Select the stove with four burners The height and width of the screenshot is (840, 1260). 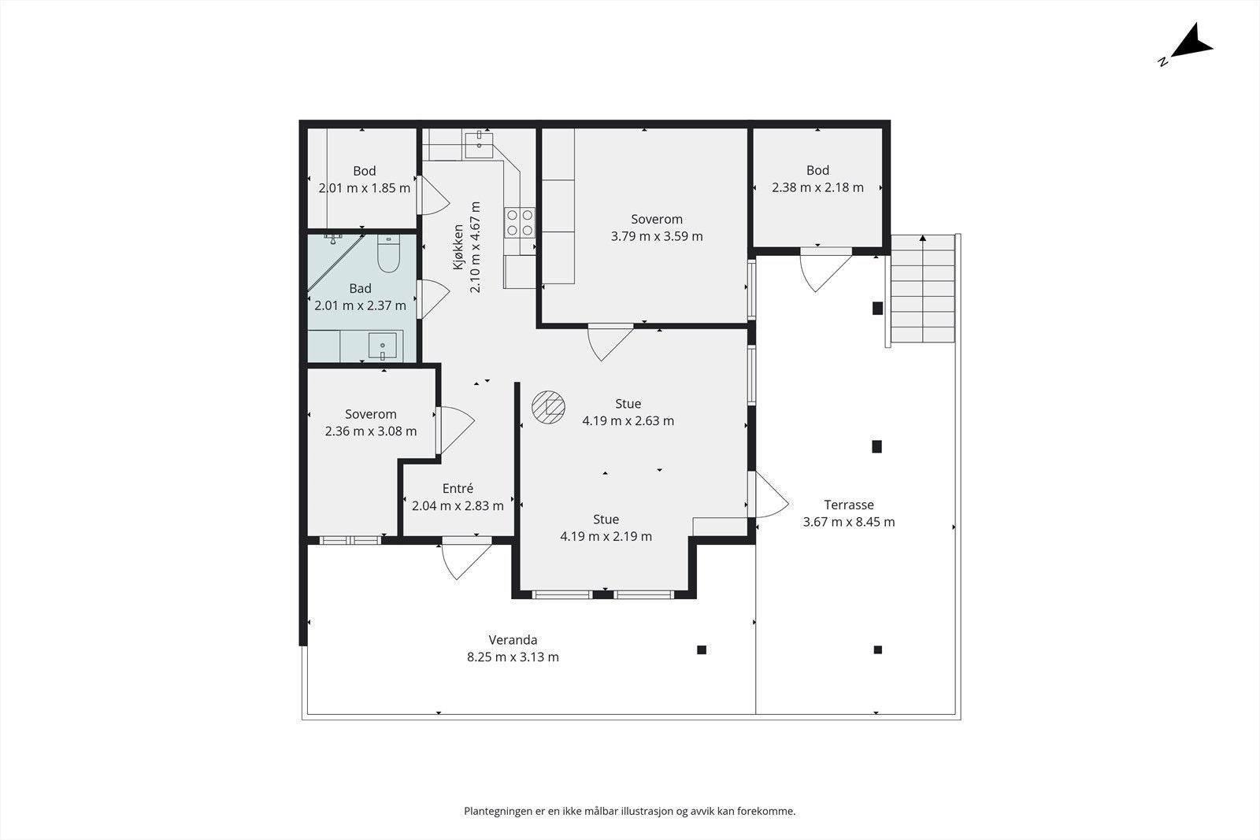[519, 223]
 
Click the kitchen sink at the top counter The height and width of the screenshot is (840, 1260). [479, 145]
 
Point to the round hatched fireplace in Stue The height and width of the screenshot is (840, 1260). [548, 406]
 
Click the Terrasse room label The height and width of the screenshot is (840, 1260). [849, 505]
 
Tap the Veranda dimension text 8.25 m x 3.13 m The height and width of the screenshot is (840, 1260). [513, 657]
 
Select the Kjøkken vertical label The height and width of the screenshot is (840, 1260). [458, 247]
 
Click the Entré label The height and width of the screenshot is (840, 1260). [458, 489]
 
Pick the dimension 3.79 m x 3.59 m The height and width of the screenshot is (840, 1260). [657, 236]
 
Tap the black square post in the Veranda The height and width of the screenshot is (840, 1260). [702, 650]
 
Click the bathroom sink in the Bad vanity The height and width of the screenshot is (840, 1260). [383, 346]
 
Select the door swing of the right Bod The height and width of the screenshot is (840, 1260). [826, 270]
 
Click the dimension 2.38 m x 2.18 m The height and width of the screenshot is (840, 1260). [818, 187]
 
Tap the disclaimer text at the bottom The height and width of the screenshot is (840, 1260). [630, 812]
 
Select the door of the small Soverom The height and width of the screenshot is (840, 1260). [454, 430]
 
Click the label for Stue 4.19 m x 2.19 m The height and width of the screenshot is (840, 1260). [606, 528]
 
